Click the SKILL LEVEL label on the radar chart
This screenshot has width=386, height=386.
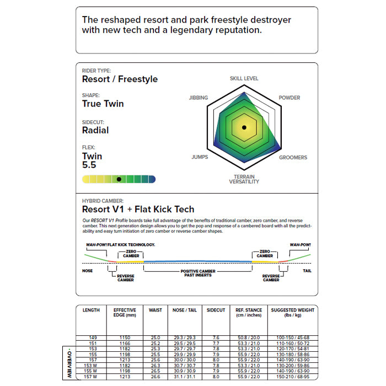tap(244, 79)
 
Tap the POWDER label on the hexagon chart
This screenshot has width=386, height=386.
tap(289, 98)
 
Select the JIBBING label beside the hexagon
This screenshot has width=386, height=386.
tap(198, 98)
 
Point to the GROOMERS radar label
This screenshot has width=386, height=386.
tap(293, 158)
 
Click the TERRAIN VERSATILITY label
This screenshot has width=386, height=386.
tap(244, 179)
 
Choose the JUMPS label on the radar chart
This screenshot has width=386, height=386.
tap(200, 158)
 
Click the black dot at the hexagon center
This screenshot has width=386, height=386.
tap(244, 127)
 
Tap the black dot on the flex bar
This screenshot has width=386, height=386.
tap(119, 179)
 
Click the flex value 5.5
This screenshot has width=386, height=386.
tap(89, 165)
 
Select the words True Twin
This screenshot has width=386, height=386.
tap(103, 104)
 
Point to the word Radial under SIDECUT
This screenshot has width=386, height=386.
tap(95, 131)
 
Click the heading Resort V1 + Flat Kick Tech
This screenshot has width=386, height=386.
tap(138, 210)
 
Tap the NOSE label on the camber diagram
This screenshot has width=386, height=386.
tap(87, 271)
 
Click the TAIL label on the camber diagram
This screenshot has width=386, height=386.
tap(307, 271)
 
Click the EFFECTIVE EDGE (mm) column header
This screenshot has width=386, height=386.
tap(125, 313)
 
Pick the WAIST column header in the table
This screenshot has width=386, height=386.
tap(156, 310)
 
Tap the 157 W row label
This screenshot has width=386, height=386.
tap(91, 377)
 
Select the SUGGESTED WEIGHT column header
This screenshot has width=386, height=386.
tap(292, 313)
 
